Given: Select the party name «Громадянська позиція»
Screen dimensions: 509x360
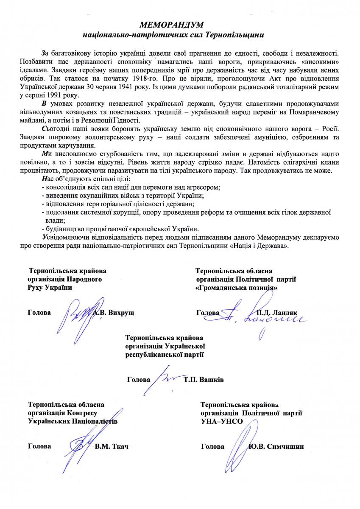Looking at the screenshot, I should point(237,287).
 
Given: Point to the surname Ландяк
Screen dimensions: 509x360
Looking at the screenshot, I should point(285,313).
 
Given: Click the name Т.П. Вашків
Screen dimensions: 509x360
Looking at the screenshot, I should point(204,379).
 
